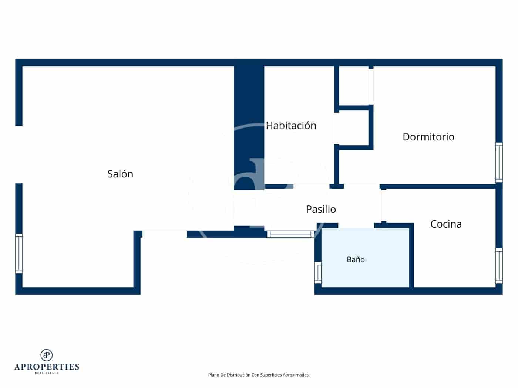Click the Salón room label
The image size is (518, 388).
pos(120,174)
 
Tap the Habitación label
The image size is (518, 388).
pos(291,125)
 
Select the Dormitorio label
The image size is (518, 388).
pos(428,137)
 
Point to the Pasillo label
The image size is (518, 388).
pos(321,209)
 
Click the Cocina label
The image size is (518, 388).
pos(446,224)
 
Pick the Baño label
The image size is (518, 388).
pos(356,259)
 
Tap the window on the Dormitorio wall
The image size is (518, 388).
pos(499,162)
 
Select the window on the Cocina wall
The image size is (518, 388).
pos(499,265)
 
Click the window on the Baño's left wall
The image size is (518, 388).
pos(318,273)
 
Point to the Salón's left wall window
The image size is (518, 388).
pos(19,253)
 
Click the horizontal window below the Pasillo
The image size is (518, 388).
pos(290,234)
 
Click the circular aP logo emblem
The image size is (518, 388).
pos(47,355)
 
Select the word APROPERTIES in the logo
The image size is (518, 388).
pos(47,367)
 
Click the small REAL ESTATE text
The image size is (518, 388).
pos(47,373)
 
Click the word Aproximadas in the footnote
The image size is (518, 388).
pos(296,375)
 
